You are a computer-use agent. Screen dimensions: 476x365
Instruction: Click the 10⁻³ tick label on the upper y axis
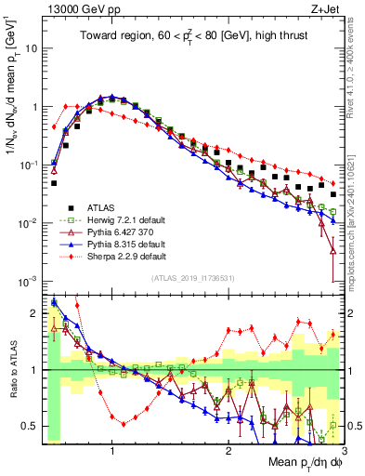tap(28, 281)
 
